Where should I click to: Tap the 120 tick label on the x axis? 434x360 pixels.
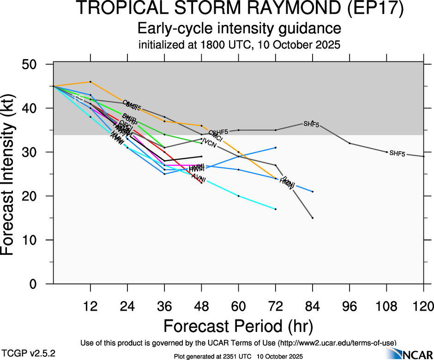(423, 306)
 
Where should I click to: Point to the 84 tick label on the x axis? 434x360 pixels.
(313, 306)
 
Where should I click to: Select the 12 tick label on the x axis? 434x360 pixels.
(90, 306)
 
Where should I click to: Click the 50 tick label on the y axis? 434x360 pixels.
(32, 64)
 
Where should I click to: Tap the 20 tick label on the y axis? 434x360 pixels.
(32, 196)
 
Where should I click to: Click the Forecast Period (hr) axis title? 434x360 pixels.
(238, 326)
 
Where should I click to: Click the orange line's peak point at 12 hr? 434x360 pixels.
(90, 82)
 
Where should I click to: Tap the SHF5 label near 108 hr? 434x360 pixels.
(397, 154)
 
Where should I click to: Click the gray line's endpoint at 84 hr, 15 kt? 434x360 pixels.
(313, 218)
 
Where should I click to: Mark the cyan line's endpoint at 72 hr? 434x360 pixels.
(276, 209)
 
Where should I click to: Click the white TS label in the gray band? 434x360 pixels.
(79, 98)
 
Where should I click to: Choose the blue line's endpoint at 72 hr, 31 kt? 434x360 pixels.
(276, 148)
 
